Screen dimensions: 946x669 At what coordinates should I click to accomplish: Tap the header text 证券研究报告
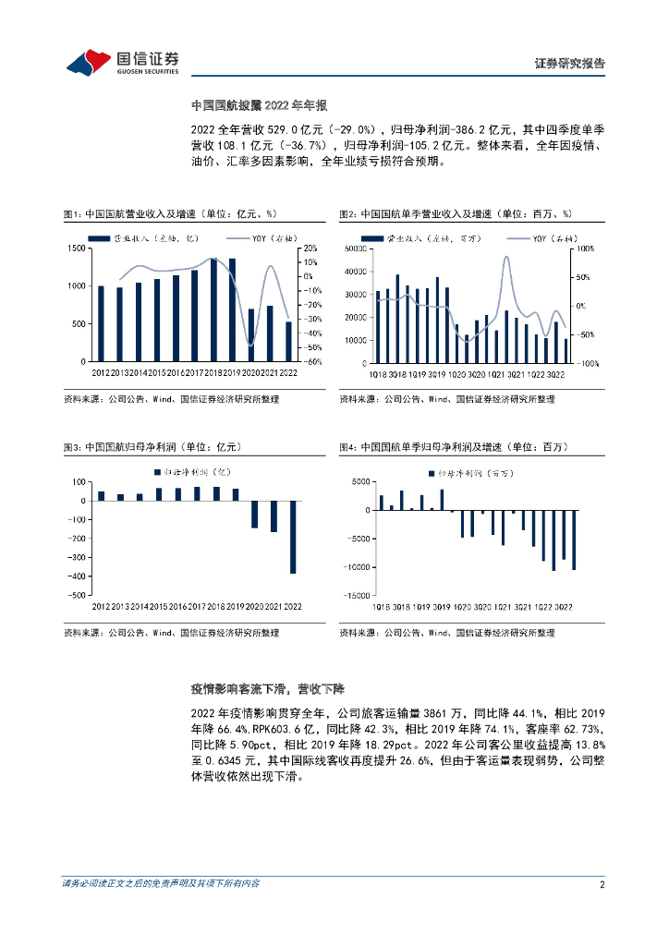coord(570,64)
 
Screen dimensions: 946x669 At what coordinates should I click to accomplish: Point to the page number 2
coord(602,884)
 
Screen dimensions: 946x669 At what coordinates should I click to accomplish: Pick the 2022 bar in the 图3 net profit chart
coord(293,538)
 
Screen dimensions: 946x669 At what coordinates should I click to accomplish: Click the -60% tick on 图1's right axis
coord(310,362)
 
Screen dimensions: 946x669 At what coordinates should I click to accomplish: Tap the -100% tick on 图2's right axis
coord(589,364)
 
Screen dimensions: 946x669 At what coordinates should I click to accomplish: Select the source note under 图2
coord(446,399)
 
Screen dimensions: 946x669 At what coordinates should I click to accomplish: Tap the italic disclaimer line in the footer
coord(160,884)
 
